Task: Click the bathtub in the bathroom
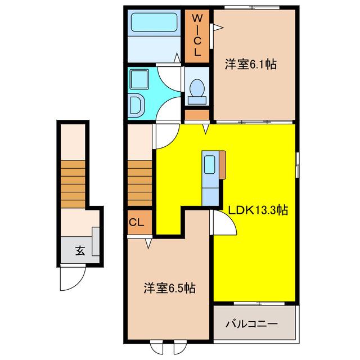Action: (x=154, y=22)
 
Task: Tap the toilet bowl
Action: (x=197, y=88)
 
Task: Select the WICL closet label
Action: (x=197, y=35)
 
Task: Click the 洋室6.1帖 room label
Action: (x=251, y=65)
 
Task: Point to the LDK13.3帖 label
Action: (x=258, y=210)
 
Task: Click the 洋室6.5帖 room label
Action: (x=170, y=288)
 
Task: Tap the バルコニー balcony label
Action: (x=251, y=324)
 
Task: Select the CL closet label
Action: (x=136, y=222)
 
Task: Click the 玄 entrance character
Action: (x=80, y=251)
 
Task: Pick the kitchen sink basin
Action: (x=209, y=165)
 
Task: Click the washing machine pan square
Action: (x=139, y=79)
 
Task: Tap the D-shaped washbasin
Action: (x=136, y=105)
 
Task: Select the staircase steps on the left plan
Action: (x=73, y=184)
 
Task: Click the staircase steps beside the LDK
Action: (x=139, y=183)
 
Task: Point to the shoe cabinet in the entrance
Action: (x=96, y=241)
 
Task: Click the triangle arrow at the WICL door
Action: (x=218, y=28)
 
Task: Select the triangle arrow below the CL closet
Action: (x=148, y=244)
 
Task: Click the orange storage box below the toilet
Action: (x=197, y=115)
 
